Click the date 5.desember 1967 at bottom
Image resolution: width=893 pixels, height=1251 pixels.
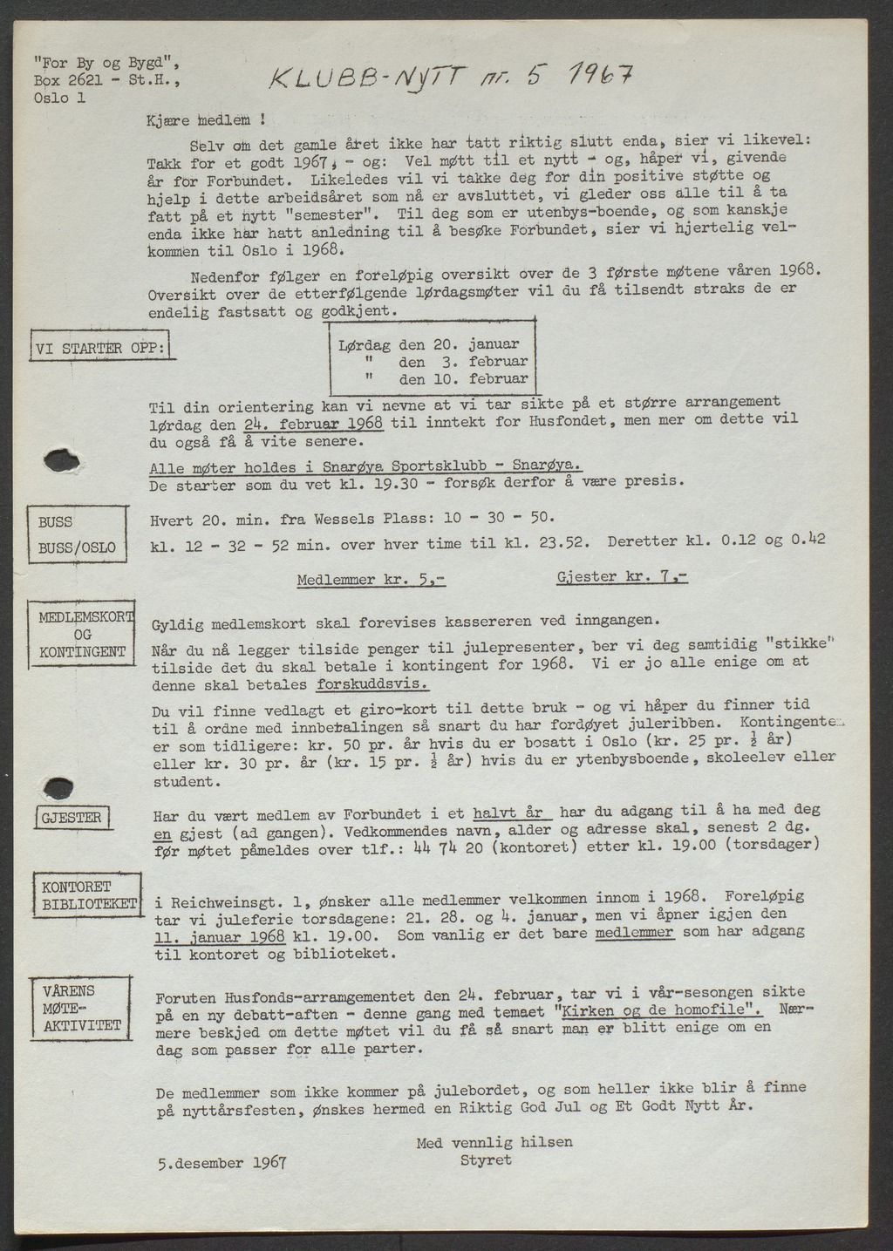point(222,1162)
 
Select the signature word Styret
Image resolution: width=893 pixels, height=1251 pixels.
point(486,1160)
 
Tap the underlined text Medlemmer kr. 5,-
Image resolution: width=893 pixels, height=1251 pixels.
point(372,580)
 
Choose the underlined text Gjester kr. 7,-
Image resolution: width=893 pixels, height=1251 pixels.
point(622,578)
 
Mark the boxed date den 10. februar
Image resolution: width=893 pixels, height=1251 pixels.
point(463,379)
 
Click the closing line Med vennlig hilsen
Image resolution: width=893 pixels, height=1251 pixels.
point(494,1142)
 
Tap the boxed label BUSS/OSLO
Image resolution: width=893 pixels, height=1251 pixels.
point(78,550)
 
